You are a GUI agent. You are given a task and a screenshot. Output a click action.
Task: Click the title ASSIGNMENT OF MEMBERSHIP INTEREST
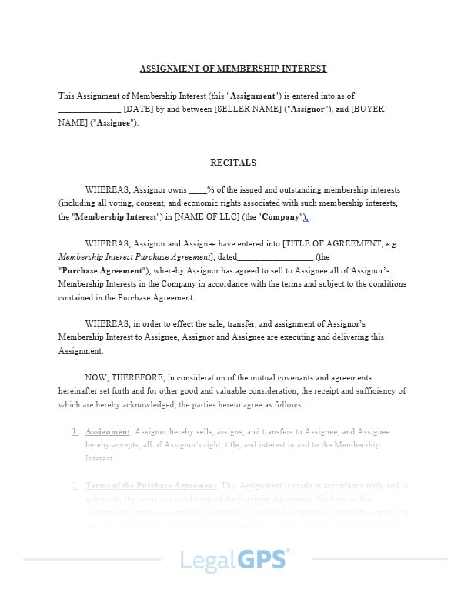(233, 69)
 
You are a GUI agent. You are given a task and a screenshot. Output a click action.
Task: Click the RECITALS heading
(233, 163)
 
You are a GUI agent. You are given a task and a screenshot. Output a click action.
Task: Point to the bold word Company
(282, 217)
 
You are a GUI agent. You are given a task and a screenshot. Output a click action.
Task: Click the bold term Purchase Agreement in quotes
(102, 271)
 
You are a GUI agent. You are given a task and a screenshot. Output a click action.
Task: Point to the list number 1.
(75, 431)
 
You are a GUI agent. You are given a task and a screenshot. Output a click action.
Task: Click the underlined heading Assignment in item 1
(108, 431)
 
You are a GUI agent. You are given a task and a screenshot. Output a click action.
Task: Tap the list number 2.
(75, 486)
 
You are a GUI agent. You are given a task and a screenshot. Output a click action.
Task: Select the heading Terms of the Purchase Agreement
(151, 486)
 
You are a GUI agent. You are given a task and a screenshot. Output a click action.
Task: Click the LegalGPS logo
(235, 559)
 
